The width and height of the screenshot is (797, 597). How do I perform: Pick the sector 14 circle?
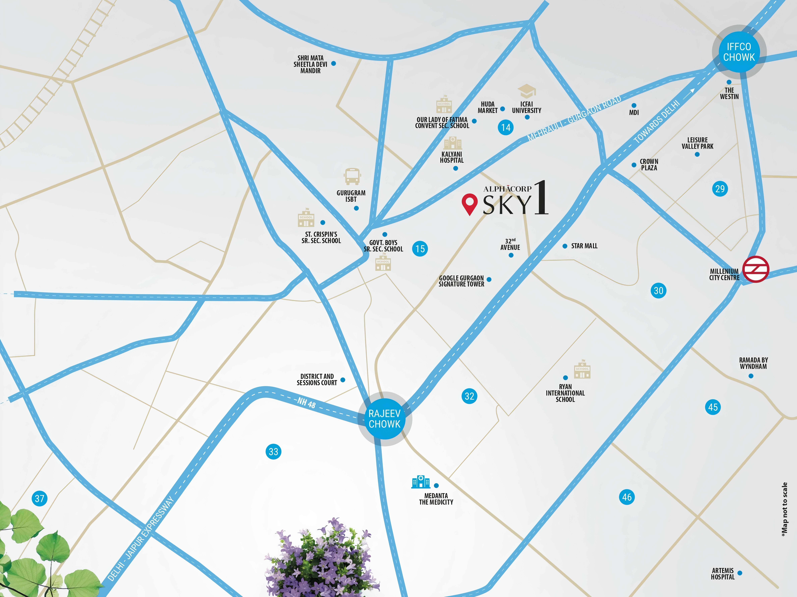[x=505, y=127]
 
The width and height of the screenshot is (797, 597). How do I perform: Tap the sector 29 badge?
[x=720, y=189]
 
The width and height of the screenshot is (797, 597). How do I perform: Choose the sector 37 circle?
[x=40, y=498]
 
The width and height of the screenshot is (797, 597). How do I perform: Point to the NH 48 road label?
[x=306, y=403]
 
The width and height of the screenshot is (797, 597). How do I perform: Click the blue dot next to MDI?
[x=634, y=105]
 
